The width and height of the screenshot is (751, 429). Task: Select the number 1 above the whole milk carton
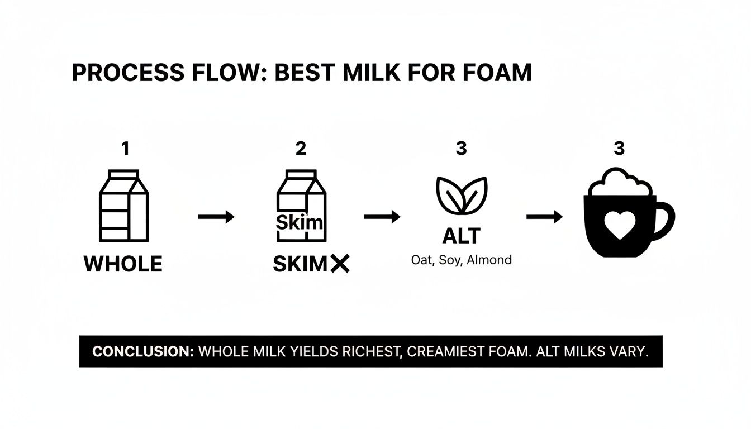[125, 149]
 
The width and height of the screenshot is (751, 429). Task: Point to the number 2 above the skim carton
[301, 149]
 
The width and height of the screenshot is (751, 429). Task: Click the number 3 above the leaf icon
[461, 149]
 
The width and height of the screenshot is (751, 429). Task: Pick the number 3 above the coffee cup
[619, 149]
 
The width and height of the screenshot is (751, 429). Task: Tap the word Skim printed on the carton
[300, 222]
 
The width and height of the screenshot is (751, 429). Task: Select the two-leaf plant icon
[462, 195]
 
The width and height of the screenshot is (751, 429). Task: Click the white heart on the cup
[619, 225]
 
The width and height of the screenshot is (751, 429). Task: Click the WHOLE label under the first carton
[123, 264]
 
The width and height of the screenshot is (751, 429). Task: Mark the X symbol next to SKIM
[339, 264]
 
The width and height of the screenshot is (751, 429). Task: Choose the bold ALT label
[461, 236]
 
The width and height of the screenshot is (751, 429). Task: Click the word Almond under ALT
[490, 260]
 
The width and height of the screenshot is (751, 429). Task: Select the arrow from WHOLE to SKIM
[216, 217]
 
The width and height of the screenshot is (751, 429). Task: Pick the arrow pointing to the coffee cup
[544, 217]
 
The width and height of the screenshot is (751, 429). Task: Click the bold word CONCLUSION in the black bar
[142, 352]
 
